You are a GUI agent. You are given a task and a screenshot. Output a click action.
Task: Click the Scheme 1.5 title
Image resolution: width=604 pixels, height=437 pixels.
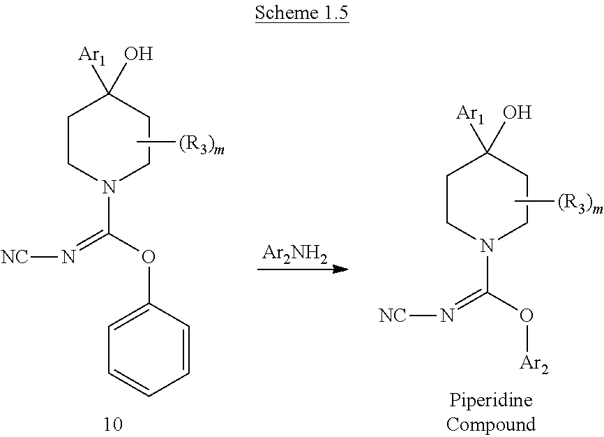[x=301, y=13]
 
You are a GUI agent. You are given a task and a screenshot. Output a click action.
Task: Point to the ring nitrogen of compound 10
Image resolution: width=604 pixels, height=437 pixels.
[x=107, y=187]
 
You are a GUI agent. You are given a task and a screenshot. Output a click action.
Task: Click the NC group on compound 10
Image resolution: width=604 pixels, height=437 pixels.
[x=16, y=258]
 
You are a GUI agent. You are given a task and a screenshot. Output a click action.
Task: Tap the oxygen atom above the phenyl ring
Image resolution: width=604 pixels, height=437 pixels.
[x=147, y=258]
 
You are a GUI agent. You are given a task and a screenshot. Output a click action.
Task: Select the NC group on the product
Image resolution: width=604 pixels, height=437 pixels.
[x=393, y=316]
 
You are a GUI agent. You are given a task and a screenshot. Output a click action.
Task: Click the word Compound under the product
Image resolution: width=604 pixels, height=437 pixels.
[x=491, y=424]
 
